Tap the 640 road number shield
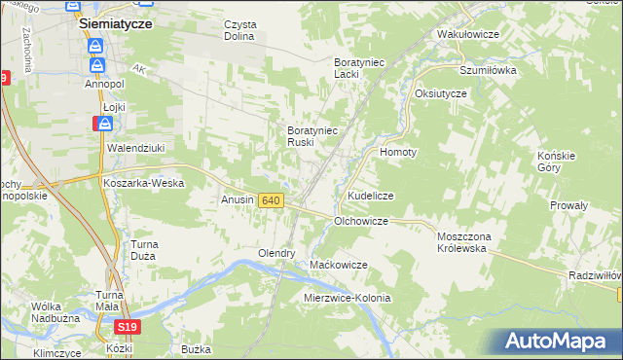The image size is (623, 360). (272, 200)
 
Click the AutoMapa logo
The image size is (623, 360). (560, 342)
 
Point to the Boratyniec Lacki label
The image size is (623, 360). (360, 67)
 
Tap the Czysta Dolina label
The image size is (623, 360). (238, 30)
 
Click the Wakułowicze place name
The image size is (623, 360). (468, 34)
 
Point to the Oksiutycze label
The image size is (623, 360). (441, 93)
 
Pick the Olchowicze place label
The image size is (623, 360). (361, 222)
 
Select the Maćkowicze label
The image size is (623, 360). (338, 265)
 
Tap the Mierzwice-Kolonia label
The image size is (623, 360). (348, 298)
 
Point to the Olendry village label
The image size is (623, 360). (275, 253)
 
